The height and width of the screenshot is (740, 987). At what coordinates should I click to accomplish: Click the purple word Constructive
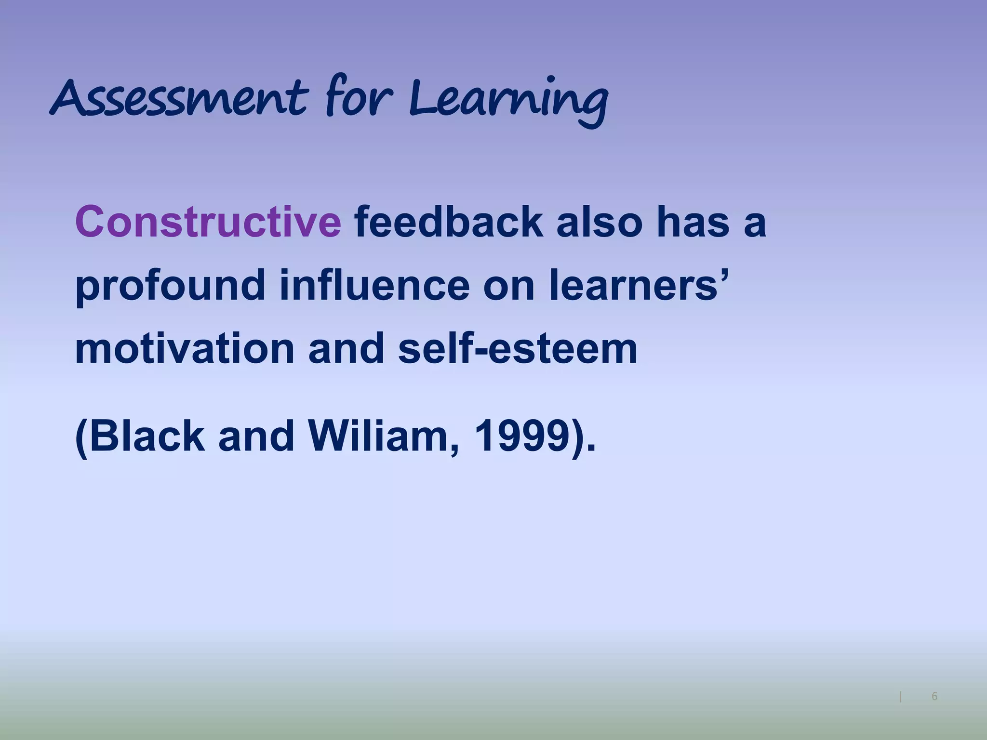[x=208, y=222]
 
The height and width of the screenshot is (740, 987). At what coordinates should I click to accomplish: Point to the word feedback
[x=448, y=222]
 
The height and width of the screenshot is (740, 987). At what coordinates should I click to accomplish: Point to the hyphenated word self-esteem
[x=518, y=349]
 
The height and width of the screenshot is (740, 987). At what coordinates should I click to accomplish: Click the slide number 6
[x=934, y=696]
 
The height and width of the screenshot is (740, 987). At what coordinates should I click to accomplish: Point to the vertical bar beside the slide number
[x=901, y=697]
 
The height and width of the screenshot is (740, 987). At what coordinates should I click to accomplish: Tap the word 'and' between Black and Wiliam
[x=256, y=436]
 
